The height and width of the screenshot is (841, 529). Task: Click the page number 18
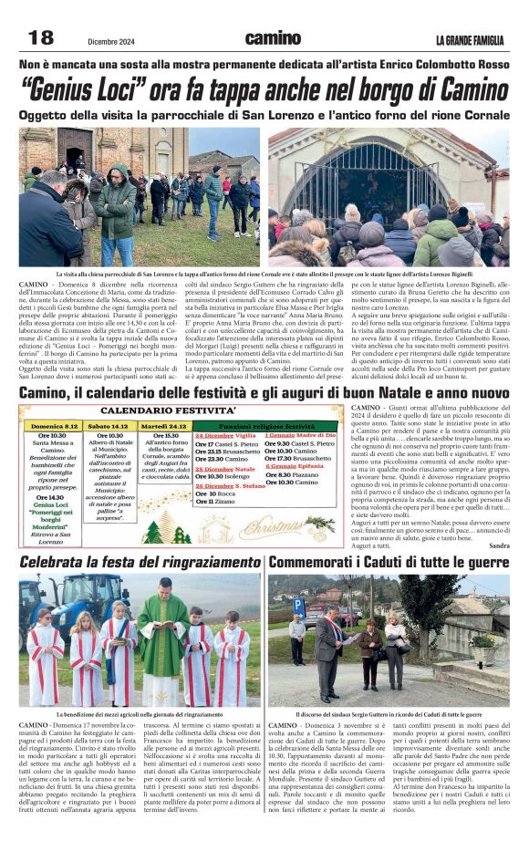[x=40, y=37]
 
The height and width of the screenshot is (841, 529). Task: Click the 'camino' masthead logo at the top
[x=273, y=38]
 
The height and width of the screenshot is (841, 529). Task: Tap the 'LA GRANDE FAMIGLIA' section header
[x=469, y=39]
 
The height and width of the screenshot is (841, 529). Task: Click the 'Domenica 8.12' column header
[x=53, y=426]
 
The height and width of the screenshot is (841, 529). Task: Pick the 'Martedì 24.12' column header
[x=164, y=426]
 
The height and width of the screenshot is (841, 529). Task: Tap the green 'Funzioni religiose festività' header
[x=266, y=425]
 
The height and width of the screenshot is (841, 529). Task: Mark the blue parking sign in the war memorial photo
[x=298, y=604]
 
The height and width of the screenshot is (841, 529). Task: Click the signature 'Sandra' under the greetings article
[x=499, y=545]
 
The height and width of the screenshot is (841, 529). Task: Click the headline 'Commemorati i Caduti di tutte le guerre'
[x=389, y=561]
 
